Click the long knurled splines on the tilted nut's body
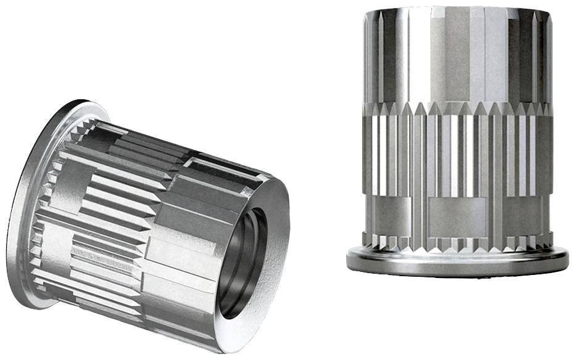tap(105, 203)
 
